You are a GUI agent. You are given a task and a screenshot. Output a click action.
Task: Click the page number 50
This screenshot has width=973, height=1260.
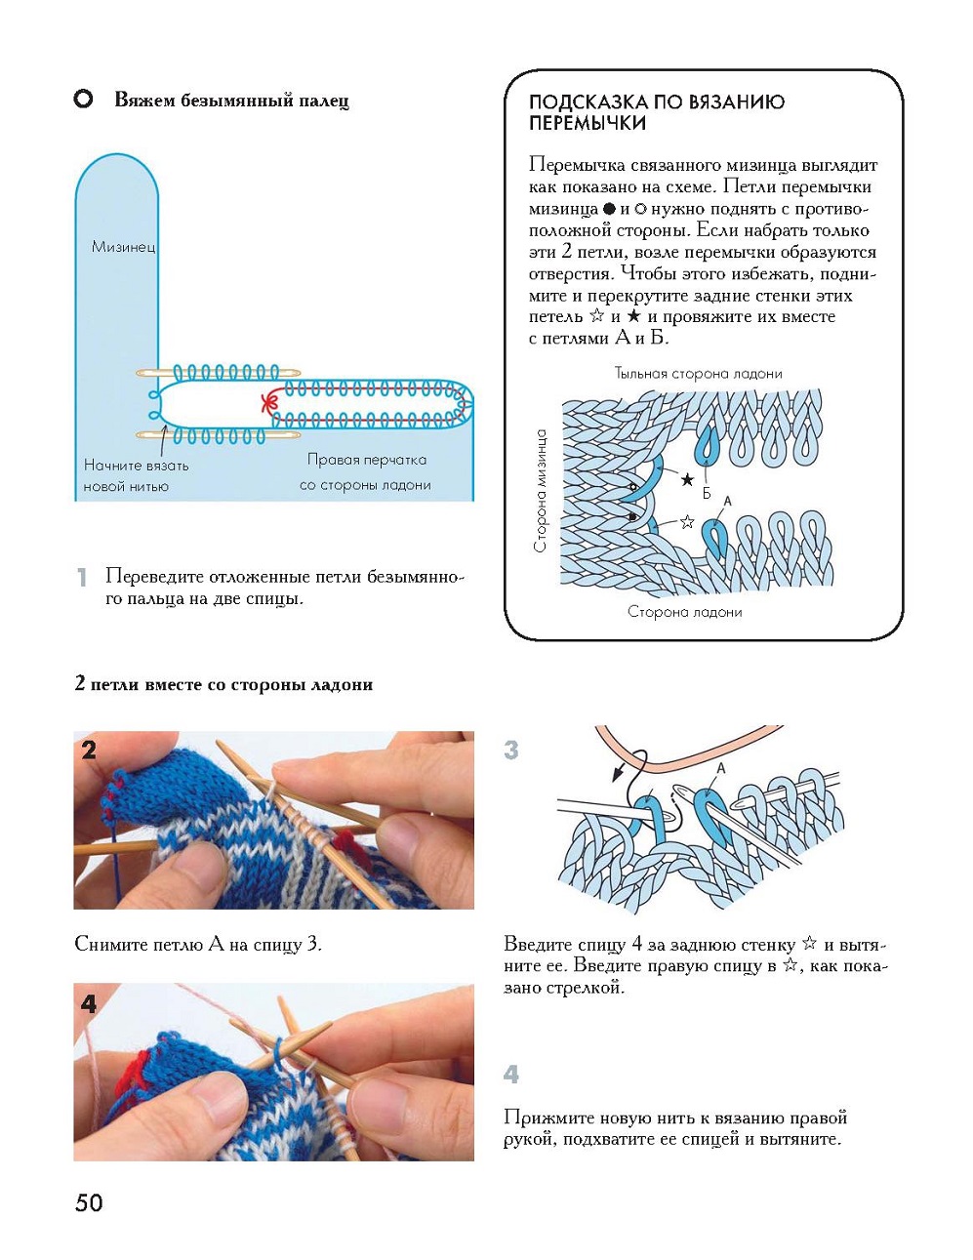[x=89, y=1202]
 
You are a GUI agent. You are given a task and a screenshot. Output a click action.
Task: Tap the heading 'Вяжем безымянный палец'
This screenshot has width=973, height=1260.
[x=231, y=101]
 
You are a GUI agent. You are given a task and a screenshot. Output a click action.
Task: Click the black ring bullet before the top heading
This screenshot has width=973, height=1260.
[x=84, y=100]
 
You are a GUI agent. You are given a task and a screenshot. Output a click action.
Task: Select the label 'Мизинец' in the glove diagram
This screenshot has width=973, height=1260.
[x=123, y=247]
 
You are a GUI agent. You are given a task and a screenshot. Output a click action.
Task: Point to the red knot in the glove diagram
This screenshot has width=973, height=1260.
[x=267, y=401]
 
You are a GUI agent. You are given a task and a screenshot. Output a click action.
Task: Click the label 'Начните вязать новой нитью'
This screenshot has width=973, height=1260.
[x=136, y=475]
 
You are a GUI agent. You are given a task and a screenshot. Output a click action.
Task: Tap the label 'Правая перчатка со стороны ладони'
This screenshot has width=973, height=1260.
[x=366, y=471]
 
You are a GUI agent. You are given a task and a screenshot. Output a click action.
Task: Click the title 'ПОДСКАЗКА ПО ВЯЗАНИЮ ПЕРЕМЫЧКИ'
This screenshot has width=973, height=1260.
[x=656, y=112]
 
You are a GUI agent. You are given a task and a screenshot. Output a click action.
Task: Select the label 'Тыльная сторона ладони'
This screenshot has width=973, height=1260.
[x=698, y=373]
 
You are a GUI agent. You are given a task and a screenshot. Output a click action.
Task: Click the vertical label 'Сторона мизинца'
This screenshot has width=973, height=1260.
[x=541, y=491]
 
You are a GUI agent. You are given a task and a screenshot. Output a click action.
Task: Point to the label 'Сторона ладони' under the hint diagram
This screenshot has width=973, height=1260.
[x=684, y=612]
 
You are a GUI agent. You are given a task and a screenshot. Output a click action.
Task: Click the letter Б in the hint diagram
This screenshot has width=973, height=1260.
[x=707, y=493]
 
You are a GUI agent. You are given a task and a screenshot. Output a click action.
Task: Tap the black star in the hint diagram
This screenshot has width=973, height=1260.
[x=687, y=479]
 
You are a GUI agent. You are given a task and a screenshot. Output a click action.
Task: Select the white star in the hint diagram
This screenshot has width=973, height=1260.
[x=687, y=521]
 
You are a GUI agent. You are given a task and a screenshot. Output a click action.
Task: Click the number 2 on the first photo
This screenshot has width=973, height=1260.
[x=90, y=750]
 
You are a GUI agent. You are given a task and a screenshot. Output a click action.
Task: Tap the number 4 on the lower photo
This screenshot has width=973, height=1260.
[x=90, y=1003]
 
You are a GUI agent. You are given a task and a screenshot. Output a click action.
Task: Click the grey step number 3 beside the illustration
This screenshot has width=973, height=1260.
[x=511, y=750]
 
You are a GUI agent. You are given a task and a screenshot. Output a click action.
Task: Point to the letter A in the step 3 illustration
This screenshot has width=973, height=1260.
[x=721, y=768]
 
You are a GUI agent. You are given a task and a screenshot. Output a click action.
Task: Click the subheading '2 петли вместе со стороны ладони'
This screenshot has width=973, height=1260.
[x=223, y=684]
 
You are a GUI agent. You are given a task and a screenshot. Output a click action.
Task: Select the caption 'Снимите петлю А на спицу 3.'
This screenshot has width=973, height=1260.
[x=198, y=944]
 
